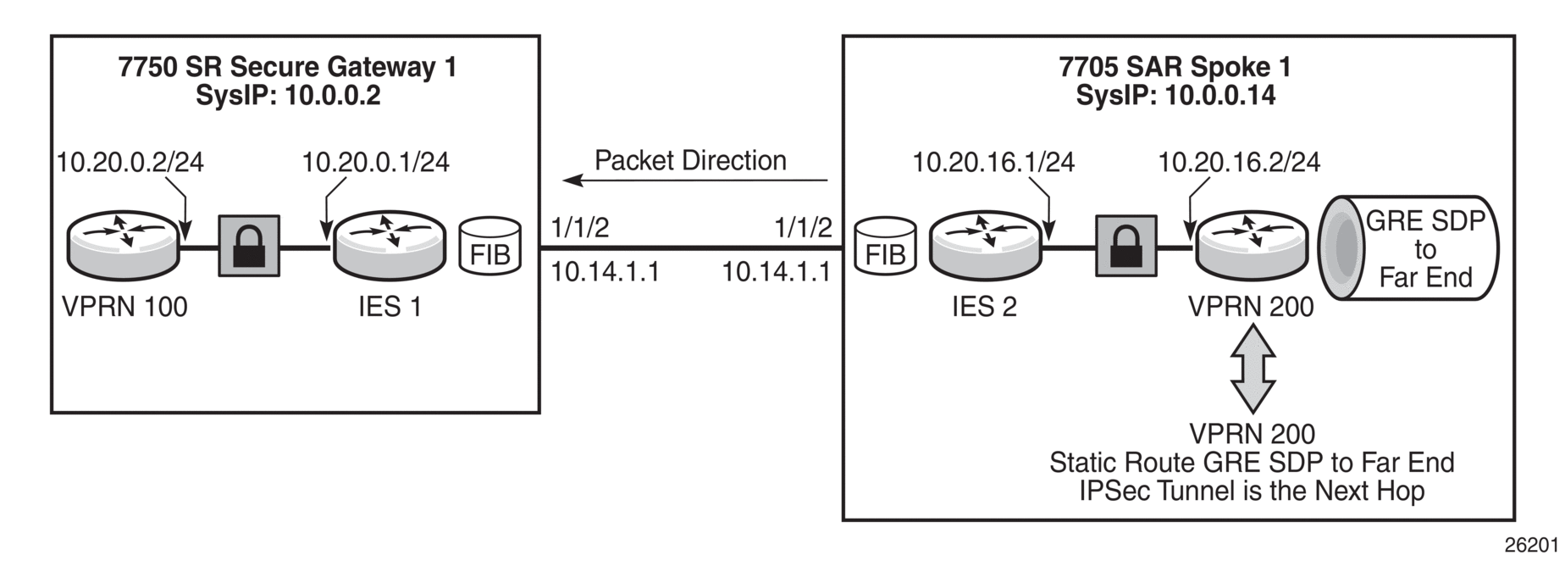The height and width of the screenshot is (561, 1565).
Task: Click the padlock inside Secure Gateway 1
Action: click(x=250, y=246)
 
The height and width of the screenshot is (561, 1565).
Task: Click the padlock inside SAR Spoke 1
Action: click(x=1126, y=246)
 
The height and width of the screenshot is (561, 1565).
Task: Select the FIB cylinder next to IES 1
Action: click(x=490, y=247)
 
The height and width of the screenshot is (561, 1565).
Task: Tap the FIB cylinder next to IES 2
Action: click(x=885, y=247)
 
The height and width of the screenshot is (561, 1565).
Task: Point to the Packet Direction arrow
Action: click(x=695, y=180)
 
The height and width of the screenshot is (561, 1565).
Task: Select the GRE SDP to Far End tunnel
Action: click(x=1408, y=247)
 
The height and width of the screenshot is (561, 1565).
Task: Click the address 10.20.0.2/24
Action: click(x=130, y=162)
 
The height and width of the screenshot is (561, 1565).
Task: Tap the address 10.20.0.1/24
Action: click(x=376, y=162)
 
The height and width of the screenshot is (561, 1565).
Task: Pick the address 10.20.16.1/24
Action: click(x=993, y=162)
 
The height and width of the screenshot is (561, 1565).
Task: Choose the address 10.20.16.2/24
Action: click(x=1239, y=162)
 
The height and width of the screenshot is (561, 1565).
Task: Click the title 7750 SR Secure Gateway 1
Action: click(x=288, y=67)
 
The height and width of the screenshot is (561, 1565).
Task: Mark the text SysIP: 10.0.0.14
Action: click(x=1175, y=96)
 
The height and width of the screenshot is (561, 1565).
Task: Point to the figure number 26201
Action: click(x=1531, y=545)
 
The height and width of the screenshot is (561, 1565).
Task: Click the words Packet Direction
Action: click(x=690, y=160)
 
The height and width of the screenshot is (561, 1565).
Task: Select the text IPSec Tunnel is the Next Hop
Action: click(x=1252, y=491)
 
